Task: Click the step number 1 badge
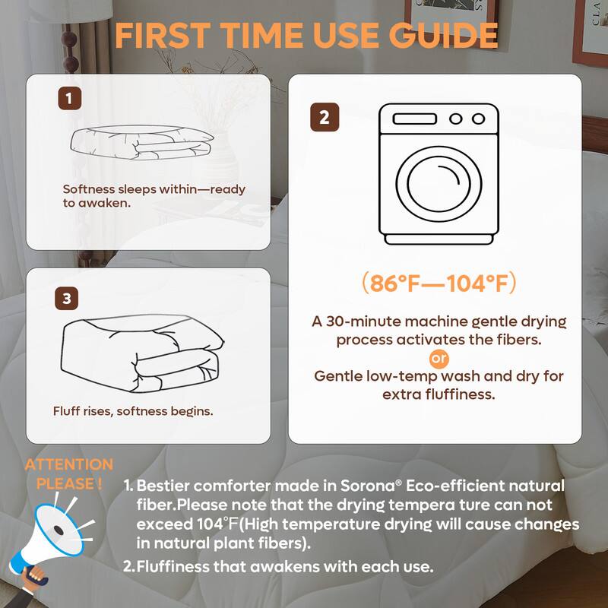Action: [x=69, y=97]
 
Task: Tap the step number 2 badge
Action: [x=325, y=118]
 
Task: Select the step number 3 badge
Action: [x=67, y=299]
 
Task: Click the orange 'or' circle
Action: [x=439, y=358]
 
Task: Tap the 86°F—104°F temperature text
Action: [x=439, y=283]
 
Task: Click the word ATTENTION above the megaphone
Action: [x=68, y=464]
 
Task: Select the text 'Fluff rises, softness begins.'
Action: [x=133, y=411]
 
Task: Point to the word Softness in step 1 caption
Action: [x=88, y=189]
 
